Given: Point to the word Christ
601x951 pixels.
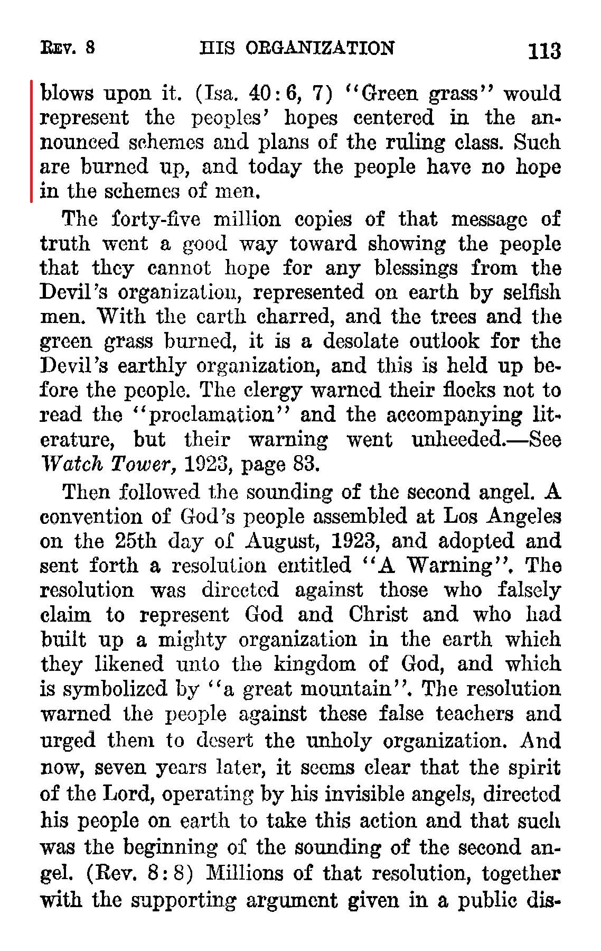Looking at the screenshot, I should (378, 615).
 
